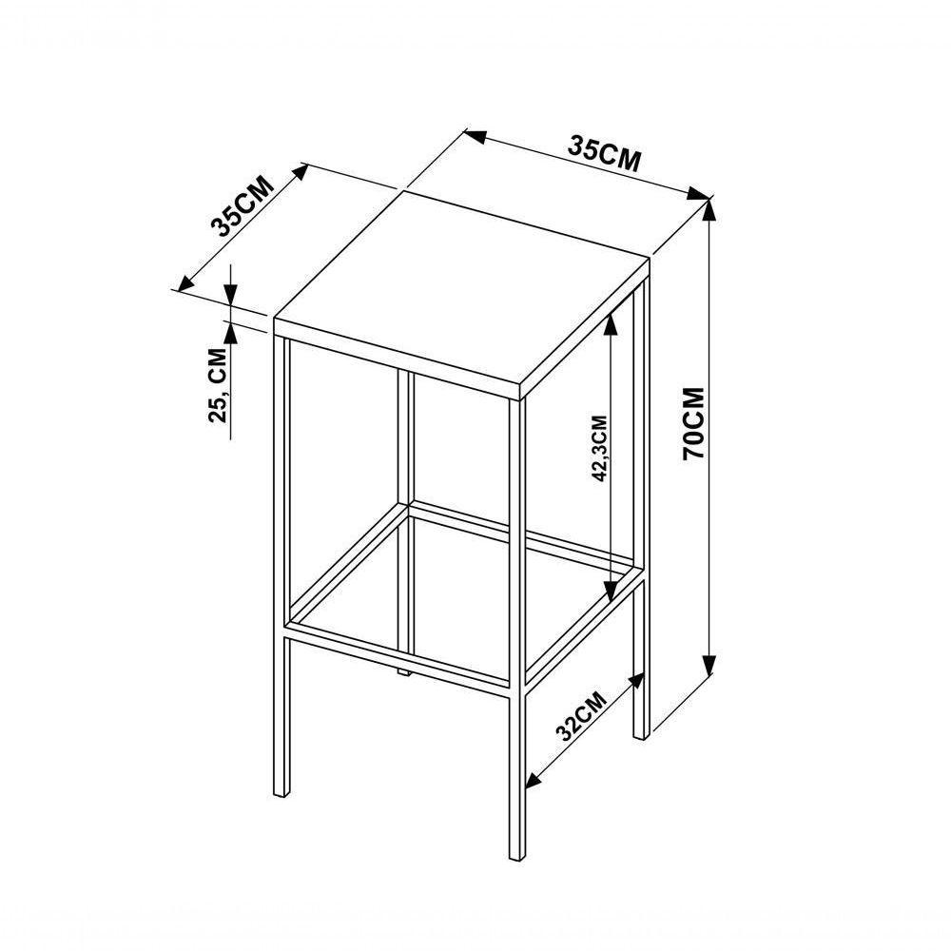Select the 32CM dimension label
[581, 716]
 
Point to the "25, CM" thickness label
[218, 384]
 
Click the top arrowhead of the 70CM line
[708, 210]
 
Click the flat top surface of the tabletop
[461, 285]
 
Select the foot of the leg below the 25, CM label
[281, 790]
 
